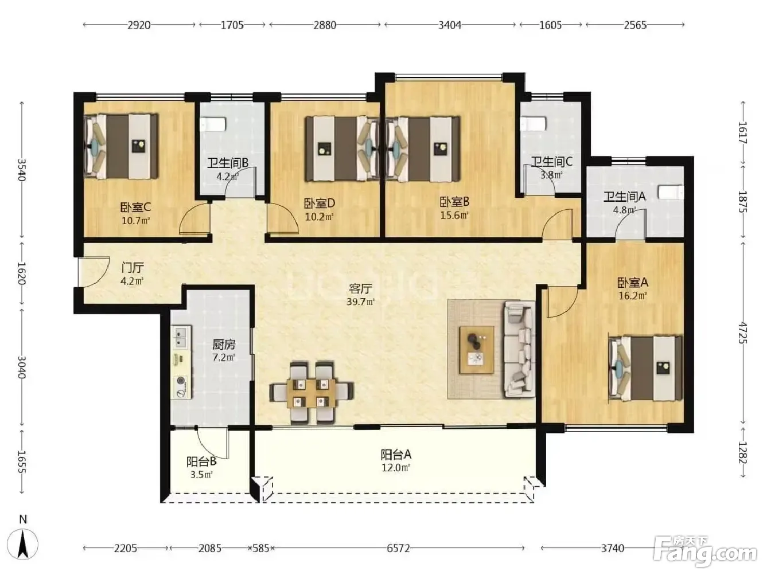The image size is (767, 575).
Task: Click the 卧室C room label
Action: point(135,208)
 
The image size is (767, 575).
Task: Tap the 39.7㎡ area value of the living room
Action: point(360,302)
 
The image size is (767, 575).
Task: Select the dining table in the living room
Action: point(311,393)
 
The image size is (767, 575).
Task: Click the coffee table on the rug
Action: point(477,350)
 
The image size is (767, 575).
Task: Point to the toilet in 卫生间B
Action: point(213,124)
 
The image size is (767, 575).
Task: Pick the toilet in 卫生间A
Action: point(671,193)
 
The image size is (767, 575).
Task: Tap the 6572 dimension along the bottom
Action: point(398,549)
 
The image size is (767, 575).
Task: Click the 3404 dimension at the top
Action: point(450,25)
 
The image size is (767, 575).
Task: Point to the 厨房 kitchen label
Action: point(224,345)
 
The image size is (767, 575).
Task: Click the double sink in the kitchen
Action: point(181,337)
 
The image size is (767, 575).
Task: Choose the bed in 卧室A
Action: point(645,368)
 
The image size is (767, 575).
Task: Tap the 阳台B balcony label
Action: point(201,461)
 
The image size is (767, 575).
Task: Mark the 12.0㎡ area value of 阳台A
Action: point(396,467)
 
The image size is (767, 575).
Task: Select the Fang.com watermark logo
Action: point(705,555)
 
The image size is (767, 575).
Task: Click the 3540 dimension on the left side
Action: point(22,170)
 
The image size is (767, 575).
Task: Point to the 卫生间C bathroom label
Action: point(552,162)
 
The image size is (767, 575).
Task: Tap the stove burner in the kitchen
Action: point(181,381)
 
